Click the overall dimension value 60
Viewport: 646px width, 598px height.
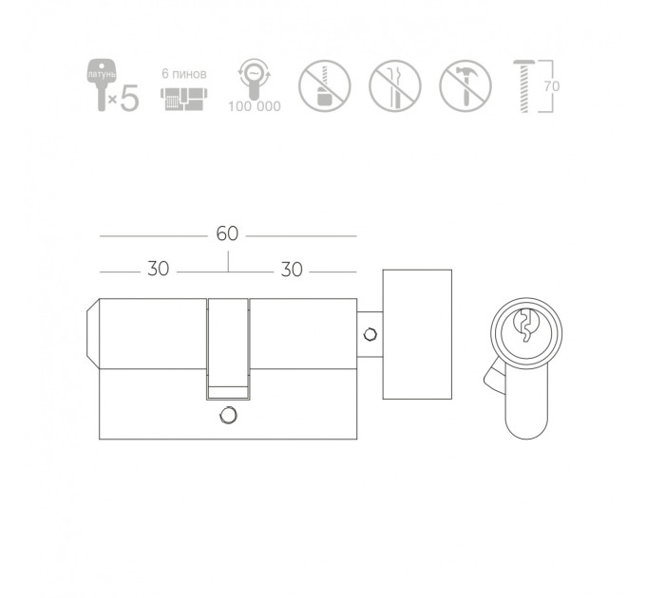pyautogui.click(x=227, y=234)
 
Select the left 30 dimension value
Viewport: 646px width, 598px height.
pyautogui.click(x=159, y=269)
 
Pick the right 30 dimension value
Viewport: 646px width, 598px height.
pyautogui.click(x=292, y=270)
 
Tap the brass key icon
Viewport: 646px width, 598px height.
pyautogui.click(x=101, y=84)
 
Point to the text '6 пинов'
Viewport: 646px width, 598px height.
pyautogui.click(x=183, y=74)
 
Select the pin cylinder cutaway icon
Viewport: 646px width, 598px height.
pyautogui.click(x=183, y=99)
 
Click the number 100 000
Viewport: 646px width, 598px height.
pyautogui.click(x=255, y=106)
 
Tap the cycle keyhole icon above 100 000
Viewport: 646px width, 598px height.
pyautogui.click(x=255, y=79)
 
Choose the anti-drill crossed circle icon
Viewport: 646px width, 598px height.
pyautogui.click(x=325, y=86)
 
